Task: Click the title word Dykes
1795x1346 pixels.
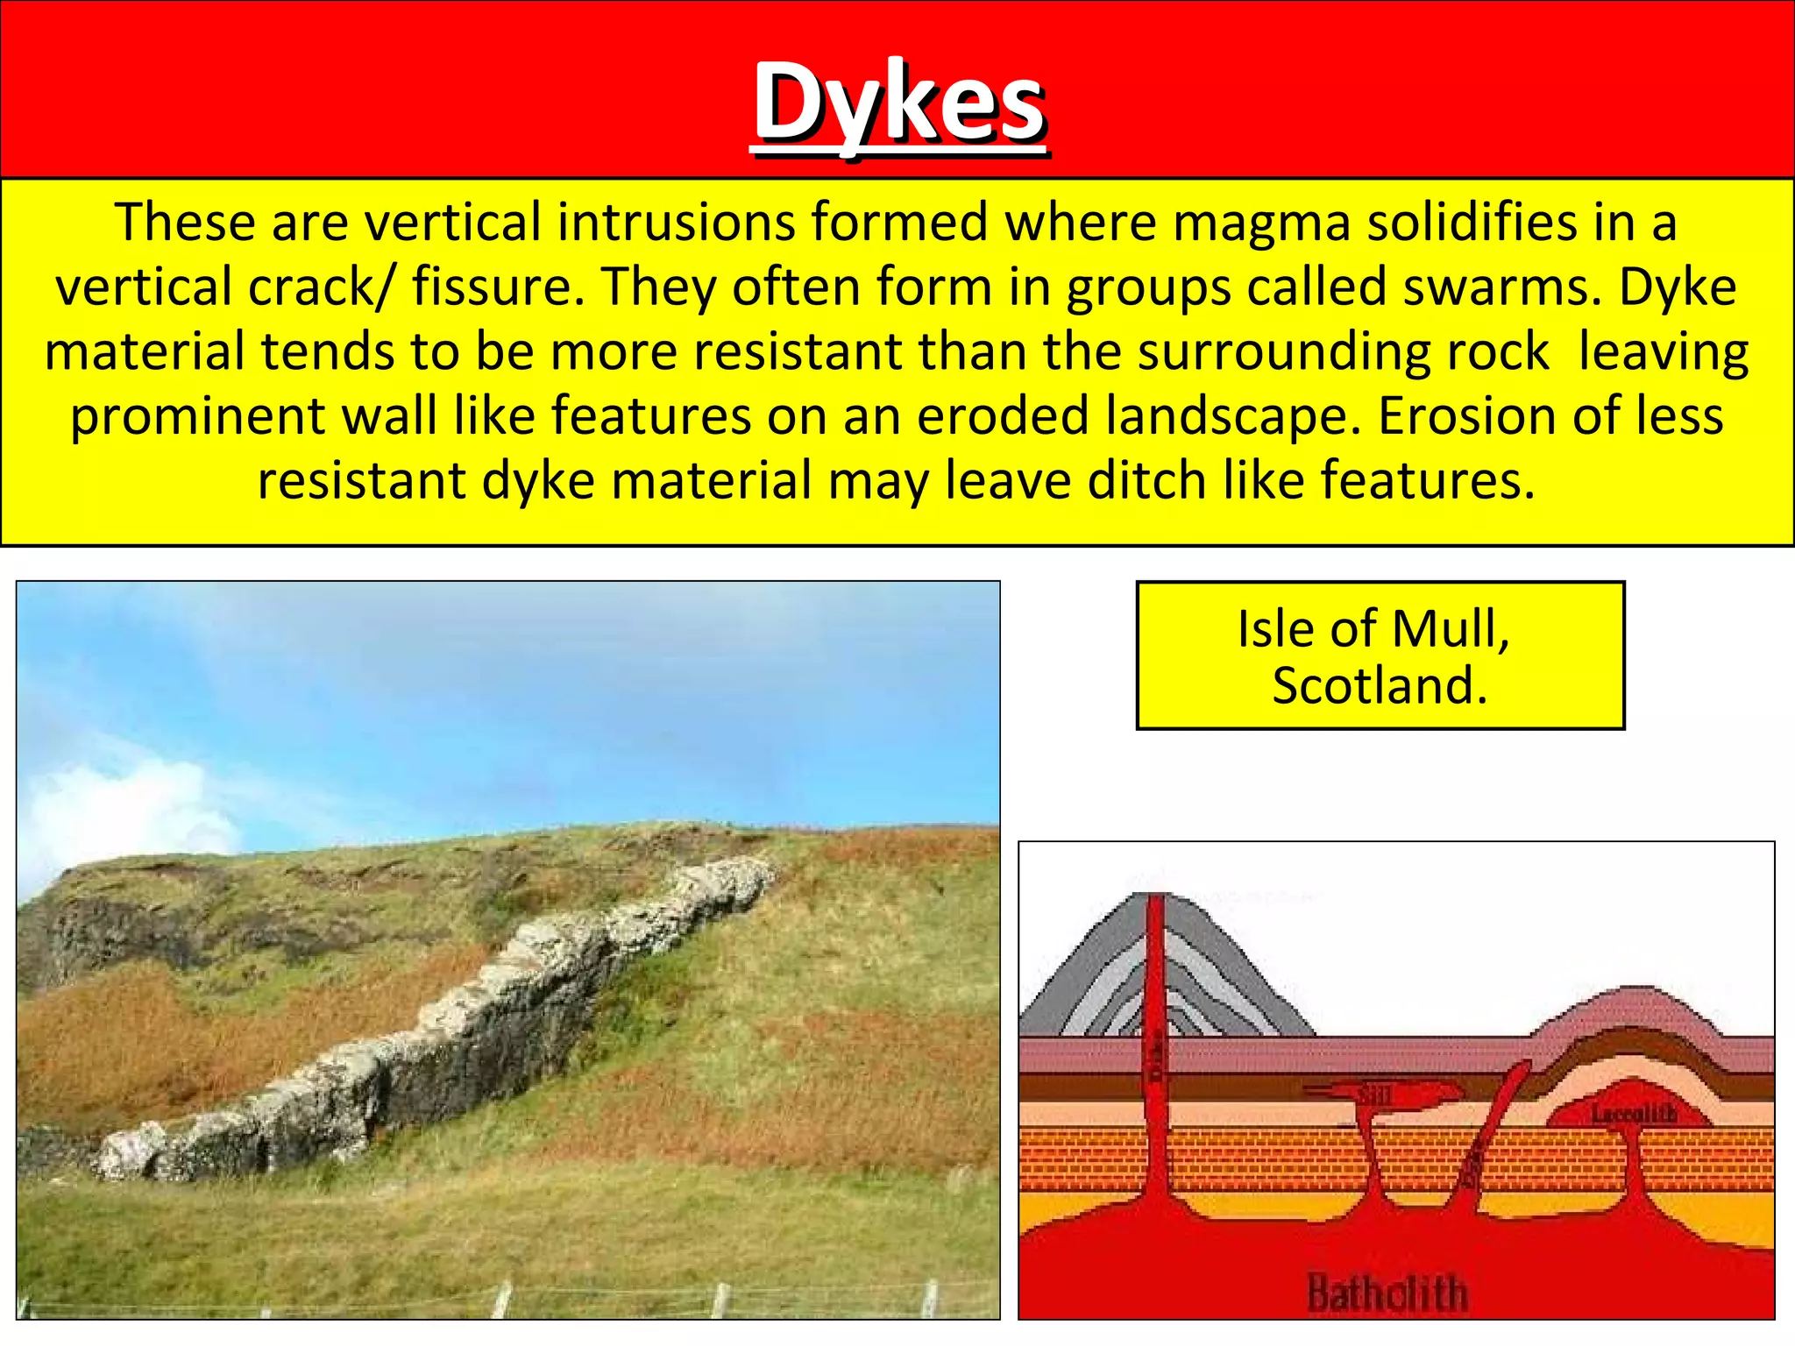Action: pyautogui.click(x=899, y=103)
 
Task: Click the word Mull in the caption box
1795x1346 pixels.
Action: pyautogui.click(x=1450, y=629)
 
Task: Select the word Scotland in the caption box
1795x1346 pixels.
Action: pyautogui.click(x=1380, y=685)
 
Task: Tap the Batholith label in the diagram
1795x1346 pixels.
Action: pyautogui.click(x=1387, y=1293)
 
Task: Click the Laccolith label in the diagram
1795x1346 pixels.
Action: pyautogui.click(x=1634, y=1115)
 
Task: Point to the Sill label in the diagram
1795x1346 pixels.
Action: pyautogui.click(x=1375, y=1095)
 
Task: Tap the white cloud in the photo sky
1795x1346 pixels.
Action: pyautogui.click(x=114, y=806)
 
